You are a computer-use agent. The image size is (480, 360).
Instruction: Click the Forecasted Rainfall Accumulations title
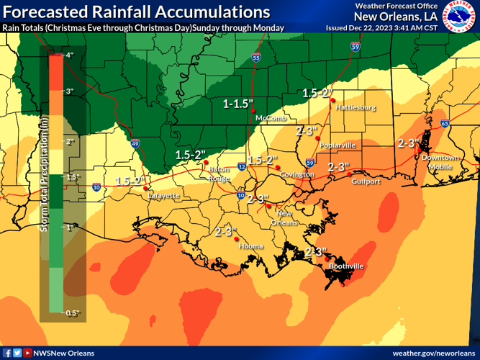[136, 12]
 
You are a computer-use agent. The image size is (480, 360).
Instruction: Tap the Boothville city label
[345, 266]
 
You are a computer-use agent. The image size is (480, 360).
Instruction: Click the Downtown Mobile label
[440, 161]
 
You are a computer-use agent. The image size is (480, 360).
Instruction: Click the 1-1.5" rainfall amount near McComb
[238, 104]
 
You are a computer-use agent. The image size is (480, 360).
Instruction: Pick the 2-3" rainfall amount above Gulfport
[338, 166]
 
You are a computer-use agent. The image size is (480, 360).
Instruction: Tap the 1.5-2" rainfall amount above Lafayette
[130, 181]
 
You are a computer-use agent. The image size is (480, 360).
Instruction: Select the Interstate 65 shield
[445, 124]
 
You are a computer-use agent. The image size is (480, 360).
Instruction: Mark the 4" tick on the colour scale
[71, 55]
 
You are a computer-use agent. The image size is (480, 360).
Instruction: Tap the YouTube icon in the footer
[27, 353]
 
